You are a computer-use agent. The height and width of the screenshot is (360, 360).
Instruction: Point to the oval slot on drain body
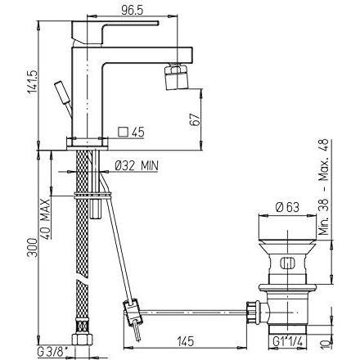click(286, 263)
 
